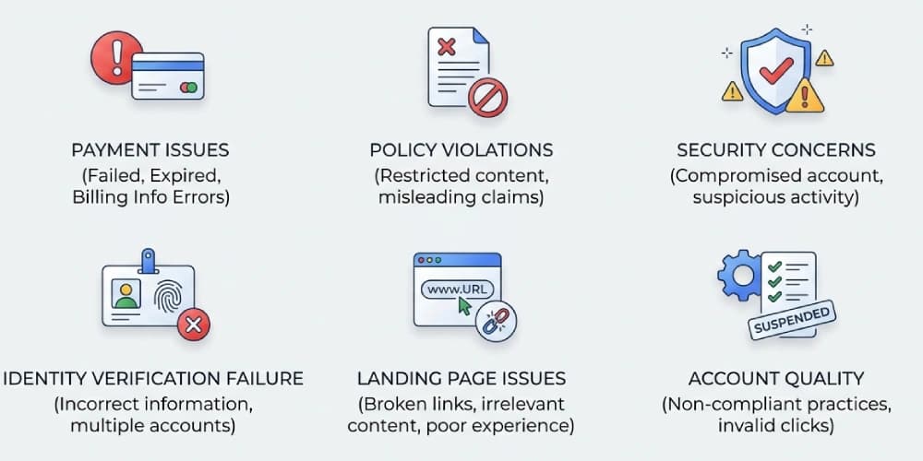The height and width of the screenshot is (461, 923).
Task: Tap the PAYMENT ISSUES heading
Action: click(x=150, y=150)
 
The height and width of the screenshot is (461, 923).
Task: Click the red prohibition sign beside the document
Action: click(x=488, y=97)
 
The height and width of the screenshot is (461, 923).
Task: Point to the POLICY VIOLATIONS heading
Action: click(x=461, y=150)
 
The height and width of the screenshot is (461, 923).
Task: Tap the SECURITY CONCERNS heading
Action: click(x=775, y=150)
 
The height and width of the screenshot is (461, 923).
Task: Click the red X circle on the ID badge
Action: click(x=193, y=324)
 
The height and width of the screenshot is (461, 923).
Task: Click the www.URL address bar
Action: click(x=458, y=289)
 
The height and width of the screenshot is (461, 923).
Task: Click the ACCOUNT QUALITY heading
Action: click(x=775, y=378)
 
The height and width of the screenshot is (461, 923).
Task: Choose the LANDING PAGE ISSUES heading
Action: click(x=461, y=378)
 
